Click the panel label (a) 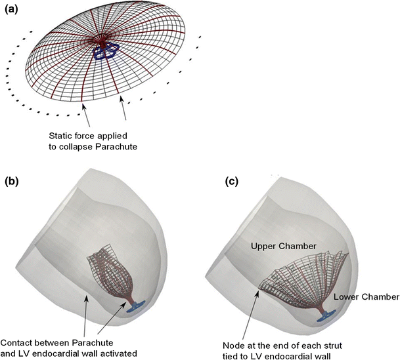click(14, 9)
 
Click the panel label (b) click(14, 180)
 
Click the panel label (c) click(217, 180)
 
